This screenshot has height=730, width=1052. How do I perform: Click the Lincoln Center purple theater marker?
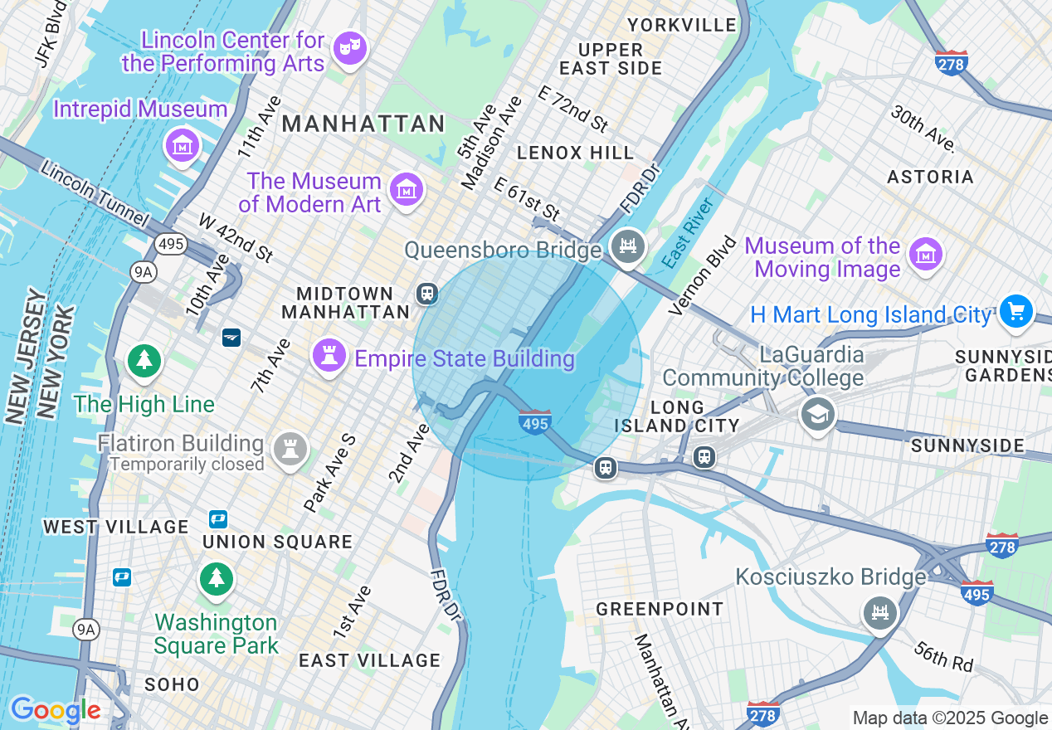pos(349,48)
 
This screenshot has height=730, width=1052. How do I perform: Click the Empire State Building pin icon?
pos(329,356)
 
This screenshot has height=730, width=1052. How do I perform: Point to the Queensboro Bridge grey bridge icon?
pos(629,246)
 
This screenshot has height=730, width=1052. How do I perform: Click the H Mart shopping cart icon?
pos(1015,312)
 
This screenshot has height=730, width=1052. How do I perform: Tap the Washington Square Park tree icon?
pos(217,577)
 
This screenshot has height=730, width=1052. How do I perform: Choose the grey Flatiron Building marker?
pos(290,449)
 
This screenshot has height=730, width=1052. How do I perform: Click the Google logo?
pos(56,711)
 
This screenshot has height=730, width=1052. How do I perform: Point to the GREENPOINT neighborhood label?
pos(660,609)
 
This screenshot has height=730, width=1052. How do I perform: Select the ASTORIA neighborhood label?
pos(930,177)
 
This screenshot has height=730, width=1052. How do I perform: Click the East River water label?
pos(689,233)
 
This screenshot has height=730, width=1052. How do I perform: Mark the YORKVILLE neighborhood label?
pos(682,25)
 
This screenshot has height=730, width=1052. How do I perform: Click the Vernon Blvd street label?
pos(702,275)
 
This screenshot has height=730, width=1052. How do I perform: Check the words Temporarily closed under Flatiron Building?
pos(187,465)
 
